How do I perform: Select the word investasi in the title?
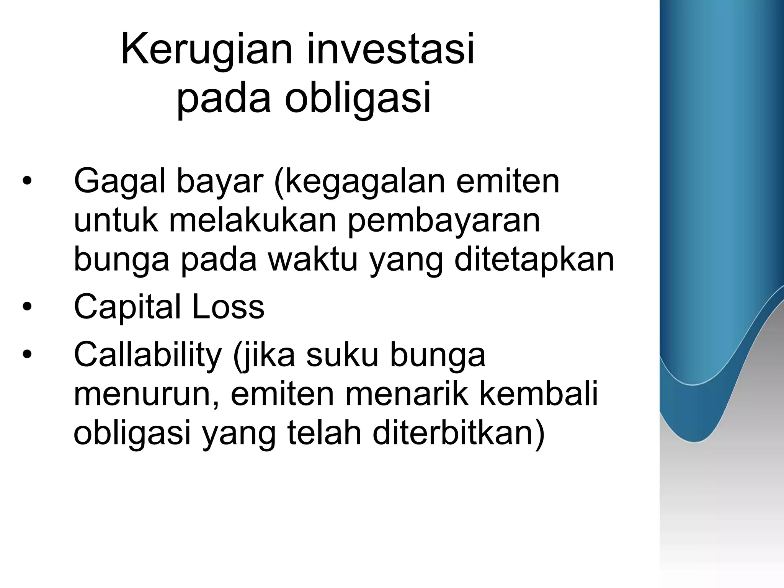pos(390,50)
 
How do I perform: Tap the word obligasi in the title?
pos(358,98)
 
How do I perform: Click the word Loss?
pos(228,307)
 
